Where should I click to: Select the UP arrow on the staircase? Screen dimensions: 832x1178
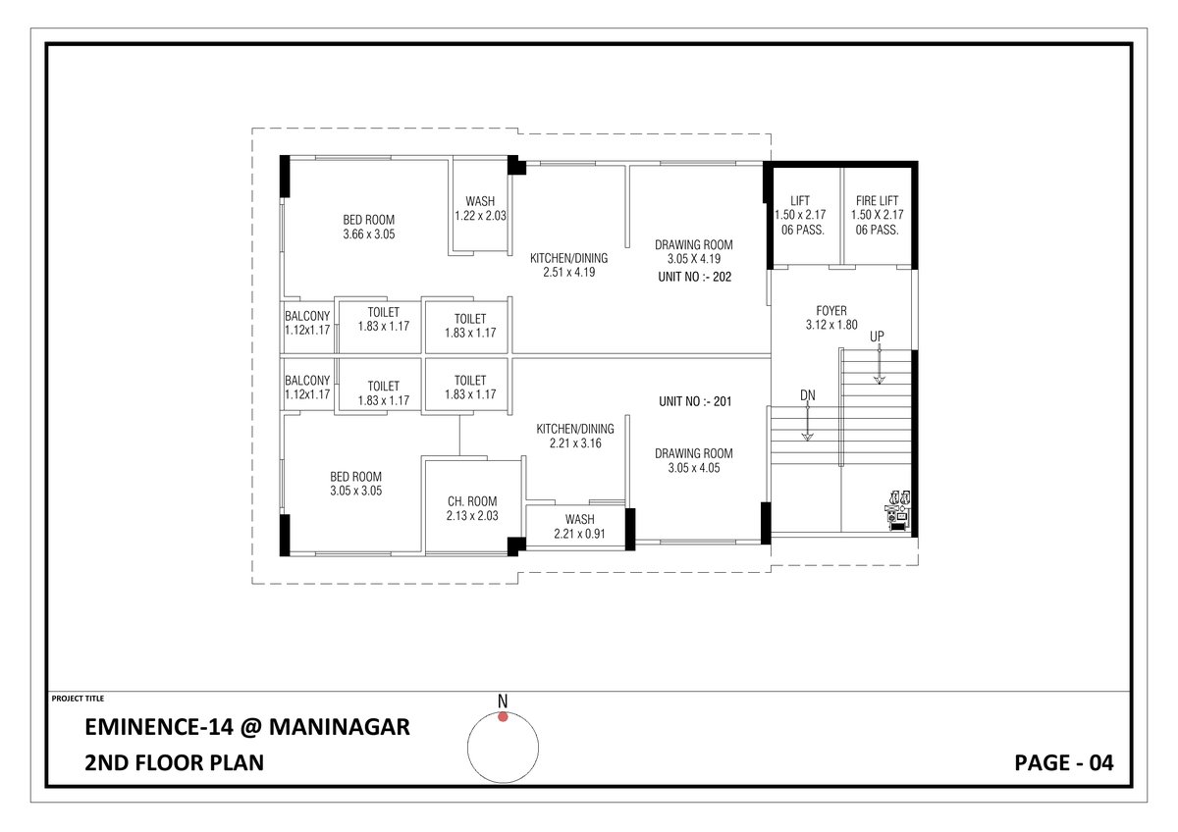pos(878,360)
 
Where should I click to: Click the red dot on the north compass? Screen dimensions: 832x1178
pos(503,717)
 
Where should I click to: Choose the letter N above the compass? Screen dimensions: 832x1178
pos(503,701)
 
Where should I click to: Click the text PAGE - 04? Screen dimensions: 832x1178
pos(1064,762)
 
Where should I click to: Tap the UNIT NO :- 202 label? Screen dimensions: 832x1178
pos(694,278)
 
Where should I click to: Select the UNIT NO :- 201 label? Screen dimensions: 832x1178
pos(694,401)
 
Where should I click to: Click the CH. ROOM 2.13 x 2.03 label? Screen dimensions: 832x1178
pos(472,508)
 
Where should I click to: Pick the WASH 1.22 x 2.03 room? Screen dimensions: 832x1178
pos(480,209)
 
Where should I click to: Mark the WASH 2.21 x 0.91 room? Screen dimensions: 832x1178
pos(579,526)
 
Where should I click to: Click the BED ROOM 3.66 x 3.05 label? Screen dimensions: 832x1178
pos(369,228)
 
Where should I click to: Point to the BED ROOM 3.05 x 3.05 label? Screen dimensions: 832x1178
pos(355,484)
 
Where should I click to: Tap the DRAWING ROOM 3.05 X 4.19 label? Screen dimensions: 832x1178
pos(694,251)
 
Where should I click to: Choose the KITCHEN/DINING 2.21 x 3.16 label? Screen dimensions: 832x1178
pos(575,436)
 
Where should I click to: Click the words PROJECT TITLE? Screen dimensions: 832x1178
pos(77,699)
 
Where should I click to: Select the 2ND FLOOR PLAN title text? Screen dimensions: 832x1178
pos(175,762)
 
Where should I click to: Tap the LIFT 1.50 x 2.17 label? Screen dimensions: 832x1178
pos(800,215)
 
